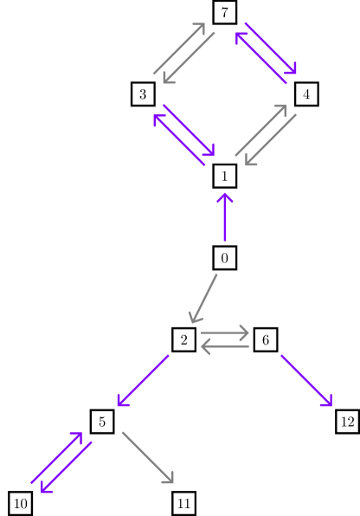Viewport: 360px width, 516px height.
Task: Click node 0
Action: pyautogui.click(x=224, y=258)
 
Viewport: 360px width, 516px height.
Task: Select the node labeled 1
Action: pyautogui.click(x=224, y=176)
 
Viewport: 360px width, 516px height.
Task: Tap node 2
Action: pyautogui.click(x=183, y=340)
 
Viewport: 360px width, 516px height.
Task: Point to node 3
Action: pyautogui.click(x=143, y=94)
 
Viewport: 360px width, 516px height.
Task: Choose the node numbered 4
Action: pyautogui.click(x=305, y=94)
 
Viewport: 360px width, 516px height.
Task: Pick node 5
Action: pyautogui.click(x=102, y=422)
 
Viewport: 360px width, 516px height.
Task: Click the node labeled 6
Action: pyautogui.click(x=265, y=340)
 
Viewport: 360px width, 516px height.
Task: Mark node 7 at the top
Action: pyautogui.click(x=224, y=12)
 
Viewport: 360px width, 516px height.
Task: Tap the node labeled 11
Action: pyautogui.click(x=183, y=503)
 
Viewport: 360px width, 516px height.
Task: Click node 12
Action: pyautogui.click(x=347, y=422)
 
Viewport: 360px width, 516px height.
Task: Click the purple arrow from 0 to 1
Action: pyautogui.click(x=224, y=217)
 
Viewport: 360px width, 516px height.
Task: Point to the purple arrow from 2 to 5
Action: pyautogui.click(x=143, y=381)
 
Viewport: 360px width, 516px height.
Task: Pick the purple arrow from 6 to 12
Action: pyautogui.click(x=305, y=380)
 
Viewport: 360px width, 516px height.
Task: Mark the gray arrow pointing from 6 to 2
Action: pyautogui.click(x=224, y=347)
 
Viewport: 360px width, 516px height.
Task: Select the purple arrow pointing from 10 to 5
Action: pyautogui.click(x=56, y=457)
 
